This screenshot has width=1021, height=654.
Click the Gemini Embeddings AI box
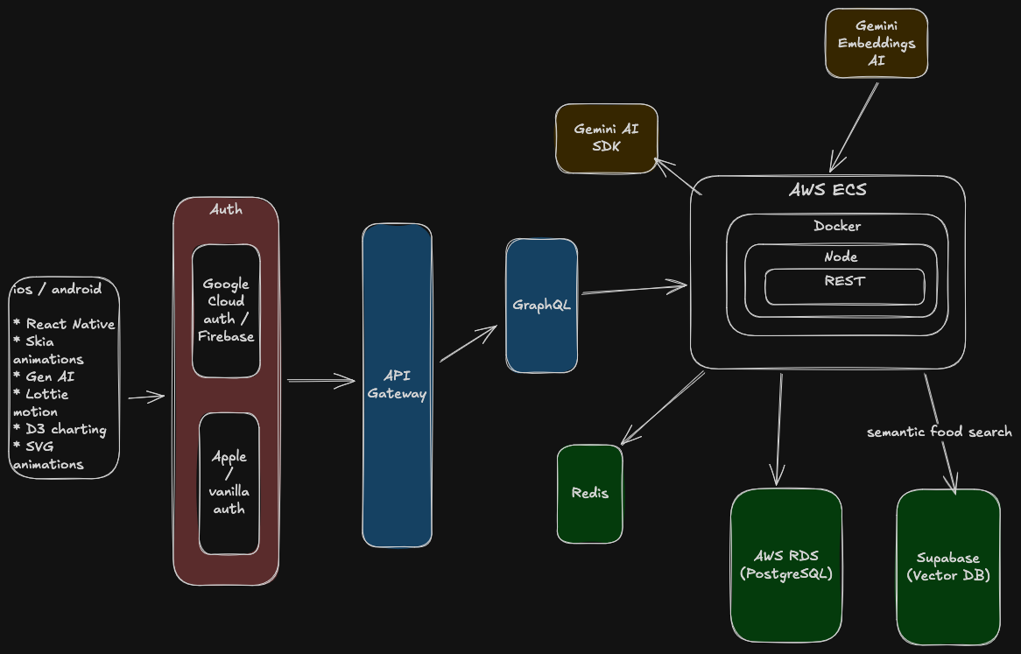tap(877, 44)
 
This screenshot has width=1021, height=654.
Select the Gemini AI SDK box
tap(606, 138)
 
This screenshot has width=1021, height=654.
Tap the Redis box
tap(589, 494)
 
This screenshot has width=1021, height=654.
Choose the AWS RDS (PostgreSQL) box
tap(785, 565)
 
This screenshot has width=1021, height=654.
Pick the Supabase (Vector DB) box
tap(947, 566)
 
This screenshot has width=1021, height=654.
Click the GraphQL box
tap(541, 306)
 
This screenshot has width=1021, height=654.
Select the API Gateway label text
tap(397, 385)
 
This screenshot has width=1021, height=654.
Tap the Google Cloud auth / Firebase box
tap(226, 311)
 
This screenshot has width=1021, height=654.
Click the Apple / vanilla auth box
tap(229, 483)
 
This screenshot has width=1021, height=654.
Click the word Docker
tap(837, 226)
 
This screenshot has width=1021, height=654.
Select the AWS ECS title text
tap(827, 190)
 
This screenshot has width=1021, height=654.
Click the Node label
tap(841, 257)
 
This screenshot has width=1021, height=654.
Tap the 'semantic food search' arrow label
tap(939, 432)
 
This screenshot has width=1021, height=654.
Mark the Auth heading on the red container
tap(226, 209)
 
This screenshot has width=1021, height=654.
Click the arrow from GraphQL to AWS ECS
tap(634, 288)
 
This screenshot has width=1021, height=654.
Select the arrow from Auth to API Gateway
tap(320, 380)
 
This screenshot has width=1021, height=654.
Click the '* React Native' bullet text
tap(64, 324)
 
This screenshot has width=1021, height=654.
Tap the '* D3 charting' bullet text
tap(60, 429)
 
